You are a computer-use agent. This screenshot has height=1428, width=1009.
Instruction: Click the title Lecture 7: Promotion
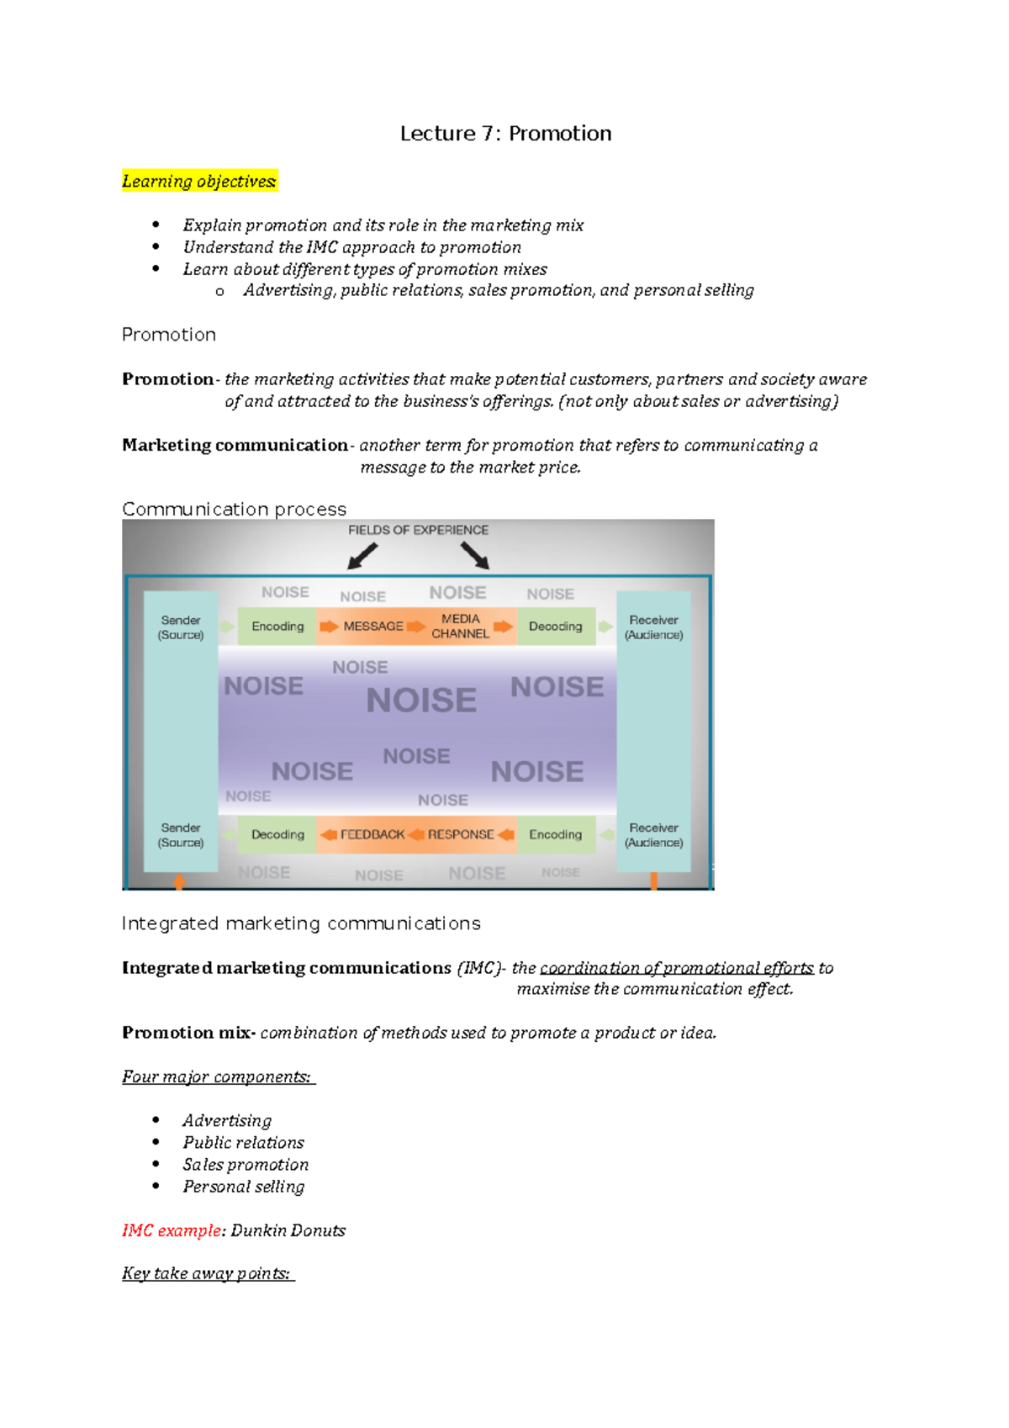tap(505, 134)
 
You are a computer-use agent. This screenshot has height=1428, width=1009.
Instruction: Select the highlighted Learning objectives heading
tap(199, 181)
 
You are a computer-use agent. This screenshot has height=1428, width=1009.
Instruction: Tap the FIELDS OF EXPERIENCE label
tap(418, 530)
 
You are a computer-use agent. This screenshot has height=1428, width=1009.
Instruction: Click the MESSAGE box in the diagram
tap(372, 627)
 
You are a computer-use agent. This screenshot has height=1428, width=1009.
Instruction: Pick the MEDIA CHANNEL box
tap(460, 627)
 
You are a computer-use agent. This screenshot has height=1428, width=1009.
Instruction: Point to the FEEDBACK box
tap(372, 834)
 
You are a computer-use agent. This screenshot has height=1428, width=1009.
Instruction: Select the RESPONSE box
tap(461, 834)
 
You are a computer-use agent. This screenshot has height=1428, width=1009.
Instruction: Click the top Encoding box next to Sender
tap(277, 627)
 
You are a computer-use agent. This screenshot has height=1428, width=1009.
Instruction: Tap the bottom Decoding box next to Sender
tap(277, 834)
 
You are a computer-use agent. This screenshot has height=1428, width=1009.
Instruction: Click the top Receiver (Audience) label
tap(653, 627)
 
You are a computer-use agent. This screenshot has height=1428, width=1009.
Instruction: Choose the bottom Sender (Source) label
tap(181, 835)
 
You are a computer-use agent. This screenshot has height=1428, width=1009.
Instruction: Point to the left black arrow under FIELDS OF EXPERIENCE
tap(362, 556)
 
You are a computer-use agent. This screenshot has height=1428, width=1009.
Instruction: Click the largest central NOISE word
tap(421, 701)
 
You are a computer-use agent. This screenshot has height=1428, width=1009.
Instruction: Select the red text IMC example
tap(171, 1230)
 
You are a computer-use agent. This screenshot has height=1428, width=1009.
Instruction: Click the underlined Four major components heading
tap(217, 1076)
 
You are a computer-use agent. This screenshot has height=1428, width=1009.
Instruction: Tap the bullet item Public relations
tap(243, 1143)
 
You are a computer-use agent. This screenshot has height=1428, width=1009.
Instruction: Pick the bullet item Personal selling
tap(243, 1187)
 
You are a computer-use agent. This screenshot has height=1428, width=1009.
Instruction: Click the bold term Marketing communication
tap(235, 445)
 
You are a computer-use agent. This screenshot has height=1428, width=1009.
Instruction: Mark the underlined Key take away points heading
tap(207, 1273)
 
